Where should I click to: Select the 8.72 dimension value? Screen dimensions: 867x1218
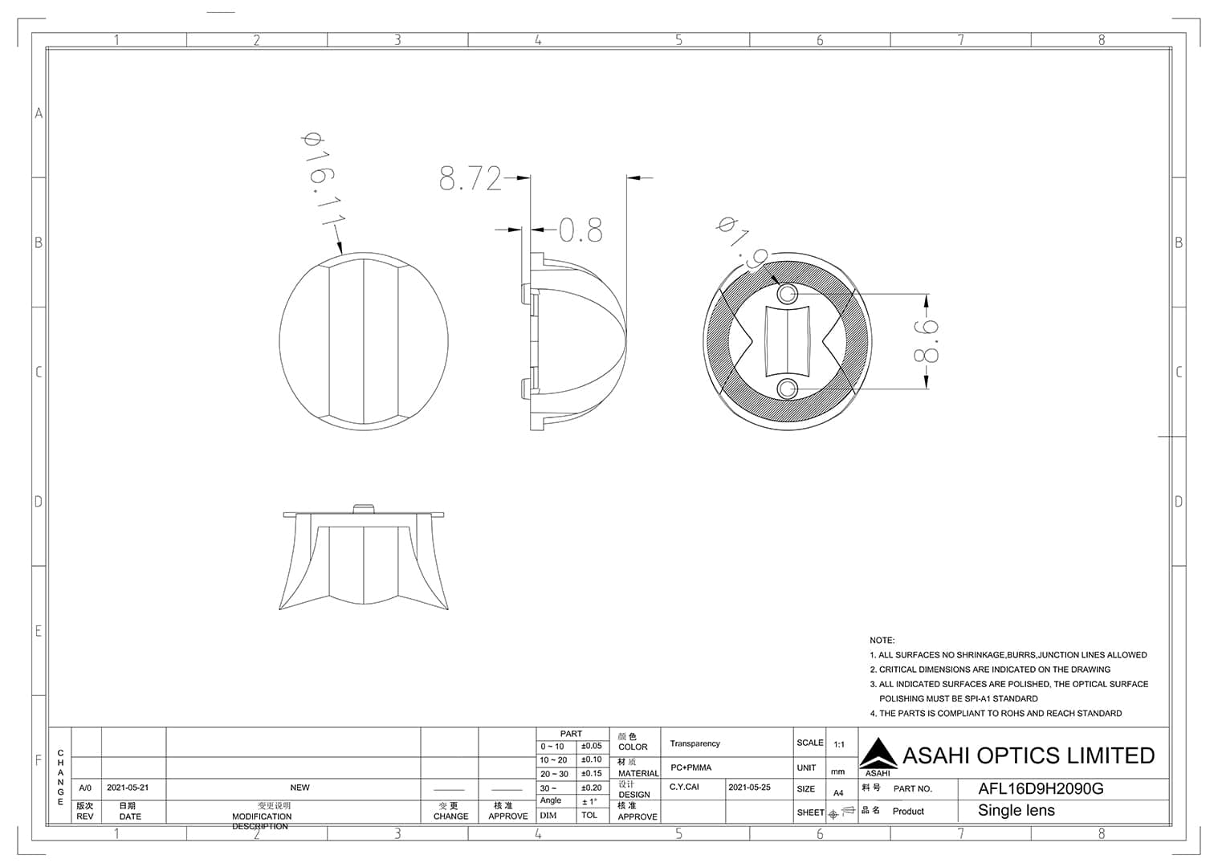tap(470, 178)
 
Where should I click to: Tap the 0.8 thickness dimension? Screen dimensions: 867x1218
tap(580, 231)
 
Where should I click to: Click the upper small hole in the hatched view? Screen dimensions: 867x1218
tap(787, 293)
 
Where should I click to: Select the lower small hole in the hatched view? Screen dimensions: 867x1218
tap(787, 389)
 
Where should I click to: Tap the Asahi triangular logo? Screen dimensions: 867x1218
tap(878, 754)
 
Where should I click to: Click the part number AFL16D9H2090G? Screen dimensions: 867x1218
tap(1041, 788)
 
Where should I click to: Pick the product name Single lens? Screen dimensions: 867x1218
tap(1016, 811)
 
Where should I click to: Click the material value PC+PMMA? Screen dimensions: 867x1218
tap(690, 767)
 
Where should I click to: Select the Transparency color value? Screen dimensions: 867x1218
tap(695, 743)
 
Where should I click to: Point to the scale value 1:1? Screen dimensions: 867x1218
tap(839, 744)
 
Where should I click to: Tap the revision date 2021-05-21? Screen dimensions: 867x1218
tap(128, 788)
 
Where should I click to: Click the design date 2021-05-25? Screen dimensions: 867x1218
tap(749, 788)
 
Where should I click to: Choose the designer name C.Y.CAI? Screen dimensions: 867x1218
tap(684, 788)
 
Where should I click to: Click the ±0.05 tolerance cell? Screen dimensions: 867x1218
tap(591, 746)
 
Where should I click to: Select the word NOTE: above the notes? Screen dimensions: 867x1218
tap(882, 640)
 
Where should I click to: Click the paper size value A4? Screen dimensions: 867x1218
tap(838, 792)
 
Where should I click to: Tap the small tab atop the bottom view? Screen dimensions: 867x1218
tap(364, 507)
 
